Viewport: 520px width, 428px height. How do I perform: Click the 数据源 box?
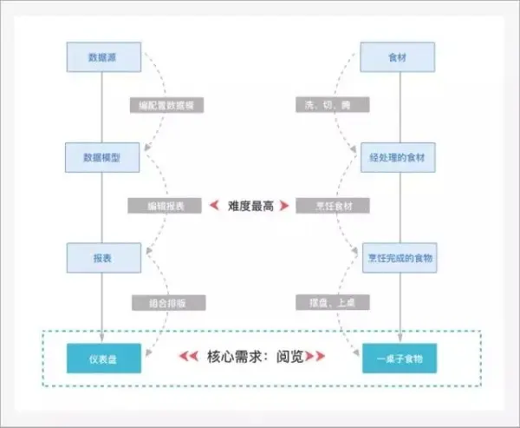[x=104, y=57]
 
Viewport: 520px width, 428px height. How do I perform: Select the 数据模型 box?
[x=102, y=158]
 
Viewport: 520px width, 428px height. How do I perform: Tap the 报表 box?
[x=103, y=258]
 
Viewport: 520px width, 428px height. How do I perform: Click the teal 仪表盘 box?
[x=103, y=358]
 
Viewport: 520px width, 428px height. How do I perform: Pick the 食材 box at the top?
[x=398, y=57]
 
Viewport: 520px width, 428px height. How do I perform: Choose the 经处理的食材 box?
[x=398, y=158]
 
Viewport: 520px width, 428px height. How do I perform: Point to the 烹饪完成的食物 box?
[x=398, y=258]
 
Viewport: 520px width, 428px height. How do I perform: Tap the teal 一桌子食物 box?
[x=399, y=358]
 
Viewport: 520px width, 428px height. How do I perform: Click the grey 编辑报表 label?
[x=165, y=206]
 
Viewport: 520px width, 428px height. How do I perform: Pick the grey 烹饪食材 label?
[x=333, y=206]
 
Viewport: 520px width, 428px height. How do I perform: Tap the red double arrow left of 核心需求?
[x=189, y=356]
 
